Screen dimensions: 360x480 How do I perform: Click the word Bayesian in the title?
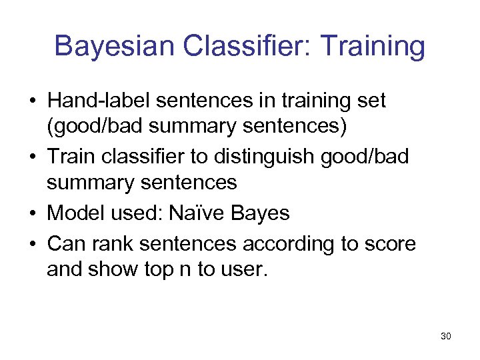(x=116, y=47)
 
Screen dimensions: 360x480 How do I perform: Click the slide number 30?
(x=446, y=336)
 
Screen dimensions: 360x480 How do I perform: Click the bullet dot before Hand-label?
(x=32, y=102)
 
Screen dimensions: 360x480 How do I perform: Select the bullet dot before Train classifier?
(x=32, y=158)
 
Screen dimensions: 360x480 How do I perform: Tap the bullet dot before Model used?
(x=32, y=214)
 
